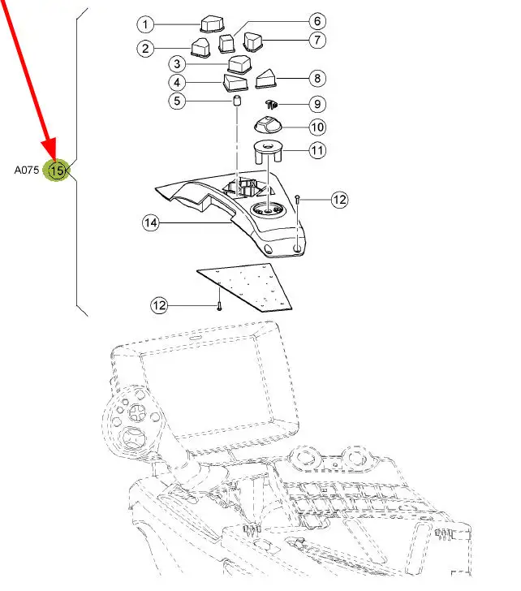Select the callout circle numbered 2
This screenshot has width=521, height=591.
(x=145, y=49)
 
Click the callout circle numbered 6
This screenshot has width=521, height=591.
(x=316, y=20)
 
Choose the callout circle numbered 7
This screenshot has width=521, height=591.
(x=316, y=38)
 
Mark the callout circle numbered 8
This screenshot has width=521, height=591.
(x=316, y=79)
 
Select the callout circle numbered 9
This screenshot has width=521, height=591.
(x=316, y=104)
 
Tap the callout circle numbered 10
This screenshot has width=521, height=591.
(x=316, y=127)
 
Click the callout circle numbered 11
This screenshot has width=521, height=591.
(x=316, y=150)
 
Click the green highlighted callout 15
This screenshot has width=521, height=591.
(x=57, y=170)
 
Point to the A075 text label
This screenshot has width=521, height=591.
(x=26, y=170)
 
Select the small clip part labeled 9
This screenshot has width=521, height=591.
(x=273, y=104)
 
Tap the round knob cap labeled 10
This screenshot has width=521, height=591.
(x=269, y=125)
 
